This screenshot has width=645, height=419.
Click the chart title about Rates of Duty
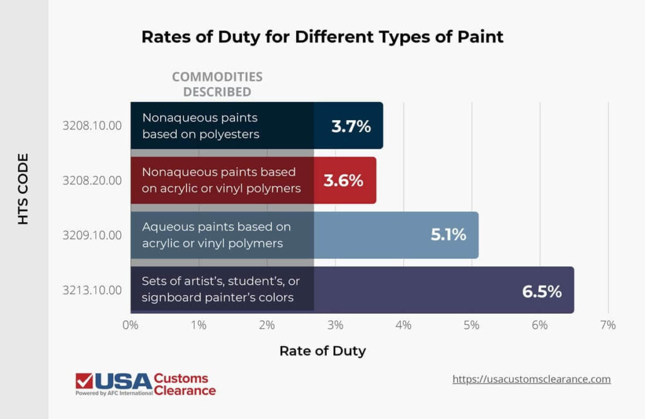point(322,36)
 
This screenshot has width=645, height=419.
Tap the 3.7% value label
point(351,126)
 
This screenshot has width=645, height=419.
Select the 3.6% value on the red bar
point(343,181)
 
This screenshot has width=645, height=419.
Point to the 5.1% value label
point(448,235)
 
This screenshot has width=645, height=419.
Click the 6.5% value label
point(541,291)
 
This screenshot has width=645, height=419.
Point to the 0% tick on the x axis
point(130,325)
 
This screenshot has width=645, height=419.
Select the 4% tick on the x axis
point(403,325)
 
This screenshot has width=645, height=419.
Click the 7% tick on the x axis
point(607,325)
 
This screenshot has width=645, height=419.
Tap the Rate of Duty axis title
point(322,351)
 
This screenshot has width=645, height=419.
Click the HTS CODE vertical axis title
point(23,189)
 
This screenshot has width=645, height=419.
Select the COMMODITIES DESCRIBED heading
point(217,84)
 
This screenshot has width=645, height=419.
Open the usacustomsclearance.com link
point(532,379)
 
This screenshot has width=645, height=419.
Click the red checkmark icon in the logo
point(84,381)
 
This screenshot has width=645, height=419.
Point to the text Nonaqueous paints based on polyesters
point(201,126)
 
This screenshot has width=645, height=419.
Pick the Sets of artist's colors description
point(218,290)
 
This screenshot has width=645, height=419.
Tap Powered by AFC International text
point(114,393)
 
